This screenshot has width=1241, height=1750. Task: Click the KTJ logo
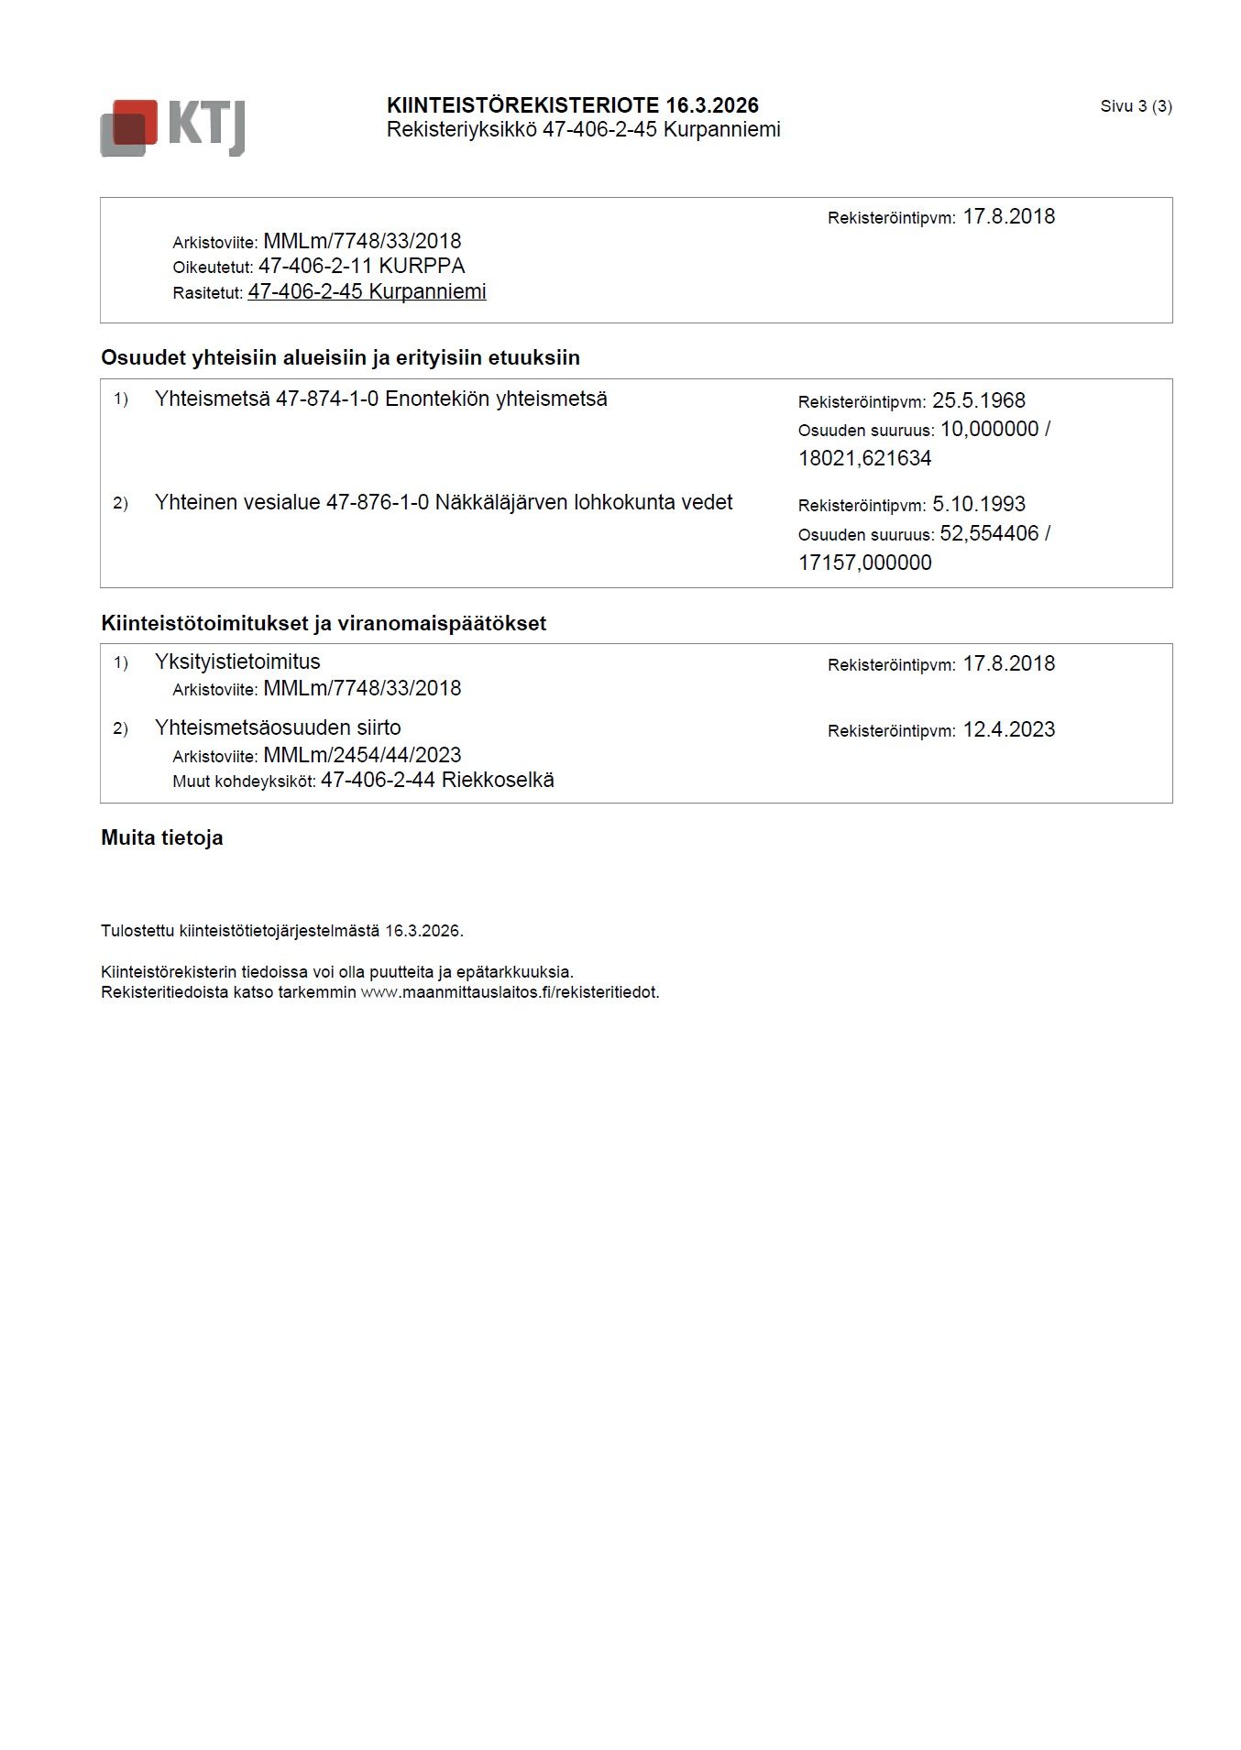[172, 127]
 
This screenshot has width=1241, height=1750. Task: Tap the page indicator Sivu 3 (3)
[1136, 106]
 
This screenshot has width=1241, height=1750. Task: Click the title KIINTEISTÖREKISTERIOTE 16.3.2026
[572, 105]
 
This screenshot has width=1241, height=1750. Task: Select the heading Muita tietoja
[162, 837]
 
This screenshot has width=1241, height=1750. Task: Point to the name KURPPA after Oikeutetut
[422, 267]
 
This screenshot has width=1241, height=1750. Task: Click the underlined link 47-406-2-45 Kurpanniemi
[367, 292]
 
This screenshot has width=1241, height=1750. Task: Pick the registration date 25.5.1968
[978, 401]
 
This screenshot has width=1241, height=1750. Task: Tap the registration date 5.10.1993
[978, 505]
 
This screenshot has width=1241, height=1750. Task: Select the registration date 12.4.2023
[1008, 730]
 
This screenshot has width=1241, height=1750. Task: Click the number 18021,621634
[864, 458]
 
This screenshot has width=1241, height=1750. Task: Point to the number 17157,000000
[864, 563]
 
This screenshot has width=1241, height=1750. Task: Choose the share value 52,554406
[989, 533]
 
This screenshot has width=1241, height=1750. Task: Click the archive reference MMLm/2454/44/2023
[362, 756]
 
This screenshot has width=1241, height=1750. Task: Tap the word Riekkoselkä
[498, 781]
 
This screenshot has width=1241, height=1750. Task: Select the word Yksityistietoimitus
[237, 662]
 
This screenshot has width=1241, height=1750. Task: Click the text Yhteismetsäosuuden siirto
[278, 728]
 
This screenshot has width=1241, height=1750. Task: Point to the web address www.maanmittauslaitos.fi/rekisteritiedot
[510, 992]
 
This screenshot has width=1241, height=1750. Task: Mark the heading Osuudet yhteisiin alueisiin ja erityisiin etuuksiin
[340, 357]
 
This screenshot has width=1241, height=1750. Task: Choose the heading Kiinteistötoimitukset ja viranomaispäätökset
[324, 623]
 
